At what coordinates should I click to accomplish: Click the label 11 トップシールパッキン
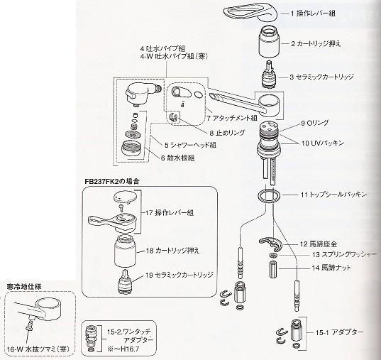click(333, 193)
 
